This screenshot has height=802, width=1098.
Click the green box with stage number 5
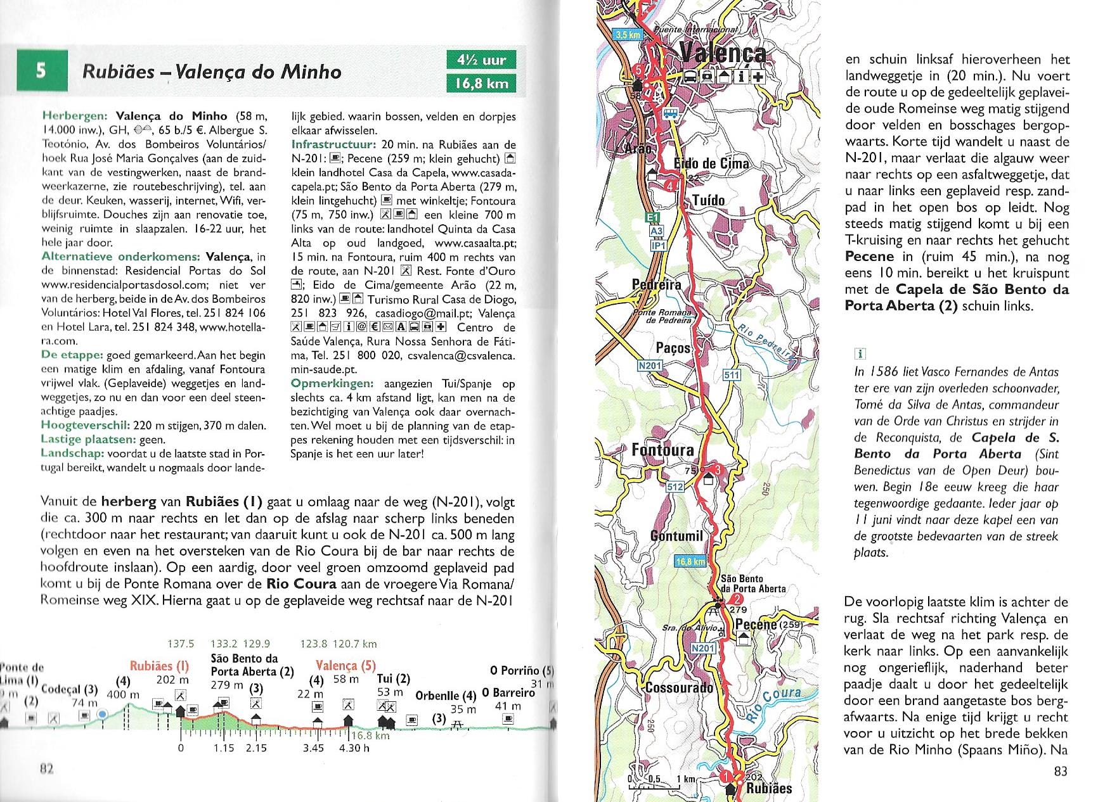(x=41, y=70)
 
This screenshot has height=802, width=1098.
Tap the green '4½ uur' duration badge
(x=481, y=60)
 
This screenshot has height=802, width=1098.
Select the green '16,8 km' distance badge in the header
(x=481, y=83)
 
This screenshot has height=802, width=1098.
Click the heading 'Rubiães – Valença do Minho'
(x=212, y=71)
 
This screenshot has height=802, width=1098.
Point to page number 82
(x=46, y=768)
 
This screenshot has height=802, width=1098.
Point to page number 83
(x=1061, y=770)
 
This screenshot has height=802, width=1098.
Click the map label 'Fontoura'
(x=662, y=450)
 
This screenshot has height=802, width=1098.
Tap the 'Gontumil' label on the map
(x=677, y=536)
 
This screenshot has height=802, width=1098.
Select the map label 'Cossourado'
(x=679, y=688)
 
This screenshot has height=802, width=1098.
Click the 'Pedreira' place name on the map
(x=657, y=284)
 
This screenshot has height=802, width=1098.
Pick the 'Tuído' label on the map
(x=709, y=200)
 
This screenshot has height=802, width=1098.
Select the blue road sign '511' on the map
(x=732, y=375)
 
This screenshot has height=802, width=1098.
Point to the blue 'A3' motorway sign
(x=657, y=231)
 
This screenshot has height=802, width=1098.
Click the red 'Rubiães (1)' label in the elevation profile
(x=159, y=666)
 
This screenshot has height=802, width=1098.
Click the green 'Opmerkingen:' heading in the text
(x=332, y=383)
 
